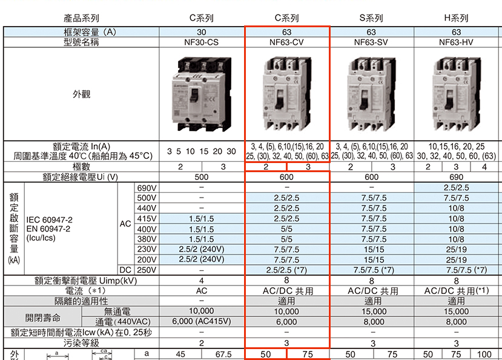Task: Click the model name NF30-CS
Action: (x=202, y=42)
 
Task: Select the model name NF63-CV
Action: (x=286, y=42)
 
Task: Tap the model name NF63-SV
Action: (x=371, y=42)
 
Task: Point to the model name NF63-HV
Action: (x=456, y=42)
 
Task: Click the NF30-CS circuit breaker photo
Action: (x=202, y=94)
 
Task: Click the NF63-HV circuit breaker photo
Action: (x=456, y=94)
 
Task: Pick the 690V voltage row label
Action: (x=147, y=188)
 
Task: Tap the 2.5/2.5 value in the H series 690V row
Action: (x=456, y=188)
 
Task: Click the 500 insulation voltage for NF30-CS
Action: (x=202, y=177)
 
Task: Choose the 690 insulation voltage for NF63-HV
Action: (x=456, y=177)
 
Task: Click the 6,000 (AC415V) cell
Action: (x=202, y=322)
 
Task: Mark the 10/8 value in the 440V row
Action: (x=456, y=208)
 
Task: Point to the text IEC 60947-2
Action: (x=49, y=220)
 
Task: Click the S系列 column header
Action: (x=371, y=18)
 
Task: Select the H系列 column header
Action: (x=456, y=18)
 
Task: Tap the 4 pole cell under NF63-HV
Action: (x=484, y=167)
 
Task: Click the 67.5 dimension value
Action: (x=223, y=354)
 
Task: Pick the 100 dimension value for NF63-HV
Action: (x=484, y=354)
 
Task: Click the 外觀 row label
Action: (x=81, y=94)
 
